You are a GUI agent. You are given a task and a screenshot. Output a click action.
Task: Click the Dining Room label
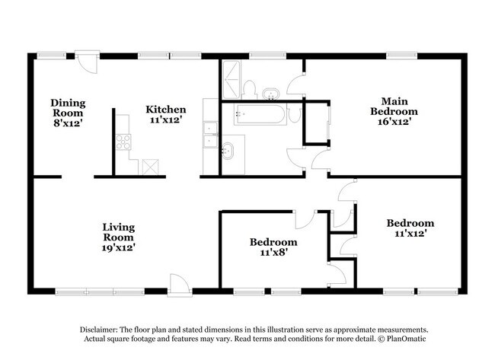click(x=68, y=108)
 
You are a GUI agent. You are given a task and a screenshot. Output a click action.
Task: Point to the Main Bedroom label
click(x=393, y=106)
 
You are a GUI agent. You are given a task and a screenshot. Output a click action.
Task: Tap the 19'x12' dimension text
click(x=120, y=247)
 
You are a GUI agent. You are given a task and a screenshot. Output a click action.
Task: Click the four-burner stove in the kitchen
click(x=123, y=142)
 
